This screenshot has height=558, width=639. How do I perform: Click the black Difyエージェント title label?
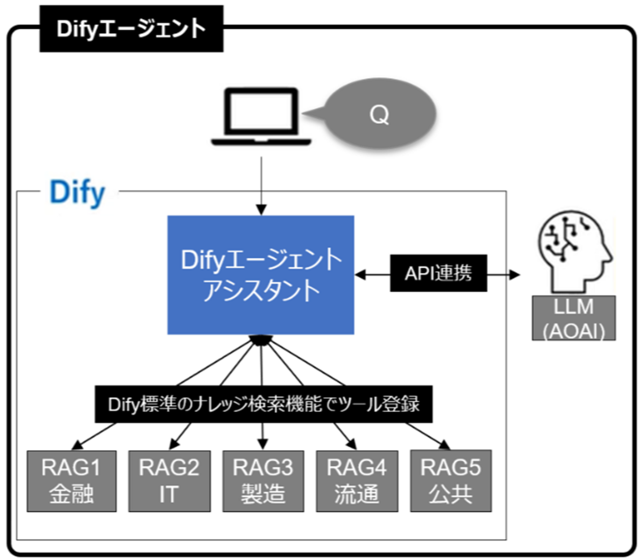(x=131, y=29)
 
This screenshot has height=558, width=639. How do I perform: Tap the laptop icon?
(x=261, y=117)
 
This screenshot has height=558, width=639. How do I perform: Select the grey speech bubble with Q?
(x=379, y=114)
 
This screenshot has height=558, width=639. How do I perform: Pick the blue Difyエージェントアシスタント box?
(x=261, y=275)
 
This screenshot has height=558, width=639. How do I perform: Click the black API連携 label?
(x=438, y=273)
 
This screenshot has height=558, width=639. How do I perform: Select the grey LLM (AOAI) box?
(x=573, y=318)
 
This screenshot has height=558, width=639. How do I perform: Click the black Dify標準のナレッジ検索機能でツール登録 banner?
(x=263, y=404)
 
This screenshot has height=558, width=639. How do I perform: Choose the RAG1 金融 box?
(x=71, y=481)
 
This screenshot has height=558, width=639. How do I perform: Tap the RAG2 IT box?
(x=169, y=481)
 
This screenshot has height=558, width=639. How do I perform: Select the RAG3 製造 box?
(x=263, y=481)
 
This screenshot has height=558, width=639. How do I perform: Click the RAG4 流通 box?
(x=357, y=481)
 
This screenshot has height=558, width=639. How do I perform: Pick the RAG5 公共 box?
(x=451, y=481)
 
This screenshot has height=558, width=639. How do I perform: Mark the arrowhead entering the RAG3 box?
(x=262, y=444)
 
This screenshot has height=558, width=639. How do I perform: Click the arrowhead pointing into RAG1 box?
(x=78, y=444)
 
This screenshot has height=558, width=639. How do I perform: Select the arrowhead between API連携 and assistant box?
(x=361, y=274)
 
